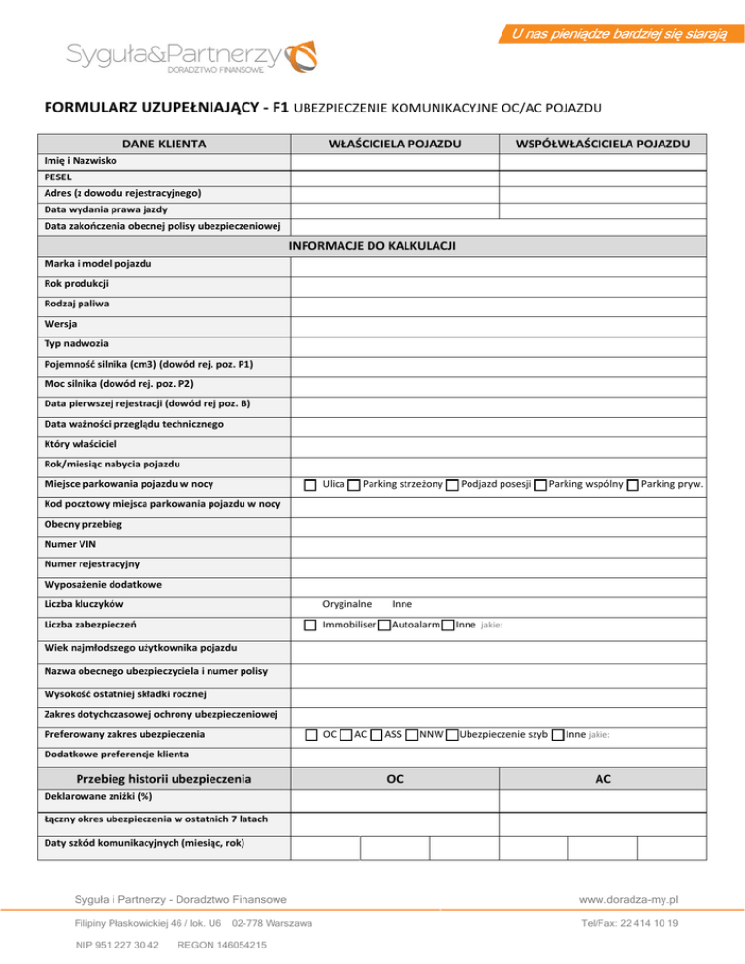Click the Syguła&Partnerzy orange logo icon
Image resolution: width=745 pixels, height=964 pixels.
coord(303,54)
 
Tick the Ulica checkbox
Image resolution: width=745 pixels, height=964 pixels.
coord(309,485)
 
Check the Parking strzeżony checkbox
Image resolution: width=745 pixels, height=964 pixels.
coord(354,485)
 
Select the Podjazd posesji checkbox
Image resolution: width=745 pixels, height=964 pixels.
coord(453,485)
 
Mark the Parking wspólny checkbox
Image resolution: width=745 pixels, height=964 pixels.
coord(540,485)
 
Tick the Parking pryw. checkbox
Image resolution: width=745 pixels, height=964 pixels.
coord(632,485)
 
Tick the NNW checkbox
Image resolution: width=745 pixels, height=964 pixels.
coord(412,735)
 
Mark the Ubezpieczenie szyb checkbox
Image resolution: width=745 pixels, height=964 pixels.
coord(452,735)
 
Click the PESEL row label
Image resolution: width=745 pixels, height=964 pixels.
coord(57,177)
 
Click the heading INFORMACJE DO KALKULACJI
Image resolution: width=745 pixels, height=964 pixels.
coord(372,245)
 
